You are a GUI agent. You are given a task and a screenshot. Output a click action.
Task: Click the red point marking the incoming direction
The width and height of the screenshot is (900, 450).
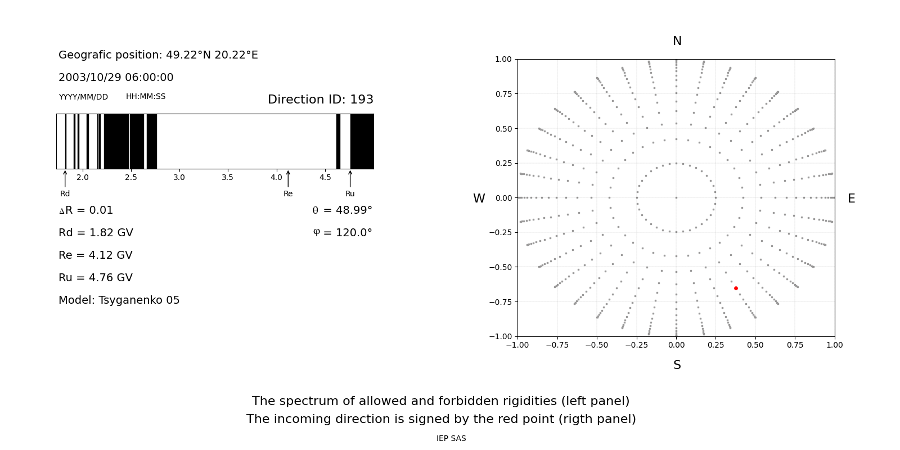(736, 289)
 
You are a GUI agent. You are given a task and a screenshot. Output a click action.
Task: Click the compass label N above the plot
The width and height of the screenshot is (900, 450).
(677, 41)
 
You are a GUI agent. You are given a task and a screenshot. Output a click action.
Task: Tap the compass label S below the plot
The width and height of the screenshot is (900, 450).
(677, 365)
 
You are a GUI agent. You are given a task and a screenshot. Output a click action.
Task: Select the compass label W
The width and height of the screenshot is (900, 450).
(479, 199)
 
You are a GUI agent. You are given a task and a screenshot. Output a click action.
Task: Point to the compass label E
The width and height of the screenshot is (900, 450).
(851, 199)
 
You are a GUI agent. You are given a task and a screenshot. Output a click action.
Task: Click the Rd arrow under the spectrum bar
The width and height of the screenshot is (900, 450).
(65, 178)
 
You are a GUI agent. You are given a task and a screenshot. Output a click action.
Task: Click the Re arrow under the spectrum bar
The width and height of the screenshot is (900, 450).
(288, 179)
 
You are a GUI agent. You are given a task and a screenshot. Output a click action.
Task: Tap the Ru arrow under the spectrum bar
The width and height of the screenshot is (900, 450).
(350, 179)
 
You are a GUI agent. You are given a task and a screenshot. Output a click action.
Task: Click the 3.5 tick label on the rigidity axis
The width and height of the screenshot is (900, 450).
(227, 178)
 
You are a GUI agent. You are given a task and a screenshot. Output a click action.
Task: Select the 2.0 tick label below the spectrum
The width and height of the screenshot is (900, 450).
(83, 178)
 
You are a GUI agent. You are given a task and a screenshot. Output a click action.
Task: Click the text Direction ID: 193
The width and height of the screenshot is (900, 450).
(321, 100)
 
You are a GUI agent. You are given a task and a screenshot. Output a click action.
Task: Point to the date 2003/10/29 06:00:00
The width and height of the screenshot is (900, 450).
(116, 78)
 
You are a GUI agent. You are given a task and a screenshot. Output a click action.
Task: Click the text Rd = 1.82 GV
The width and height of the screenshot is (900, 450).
(96, 233)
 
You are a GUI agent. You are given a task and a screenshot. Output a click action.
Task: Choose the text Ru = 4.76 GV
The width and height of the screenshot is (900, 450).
(96, 278)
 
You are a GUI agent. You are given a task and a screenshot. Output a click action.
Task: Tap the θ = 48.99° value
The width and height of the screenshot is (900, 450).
(342, 210)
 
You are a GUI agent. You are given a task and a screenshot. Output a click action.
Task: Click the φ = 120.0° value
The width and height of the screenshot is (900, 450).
(342, 233)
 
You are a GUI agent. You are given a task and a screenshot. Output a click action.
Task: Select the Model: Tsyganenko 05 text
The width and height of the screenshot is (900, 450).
(119, 300)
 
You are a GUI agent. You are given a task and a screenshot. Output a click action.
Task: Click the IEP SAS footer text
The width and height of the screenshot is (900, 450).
(451, 439)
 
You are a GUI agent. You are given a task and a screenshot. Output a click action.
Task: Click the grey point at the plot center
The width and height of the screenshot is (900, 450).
(676, 197)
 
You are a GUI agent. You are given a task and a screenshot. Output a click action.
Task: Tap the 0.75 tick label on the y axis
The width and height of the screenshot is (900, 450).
(503, 94)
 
